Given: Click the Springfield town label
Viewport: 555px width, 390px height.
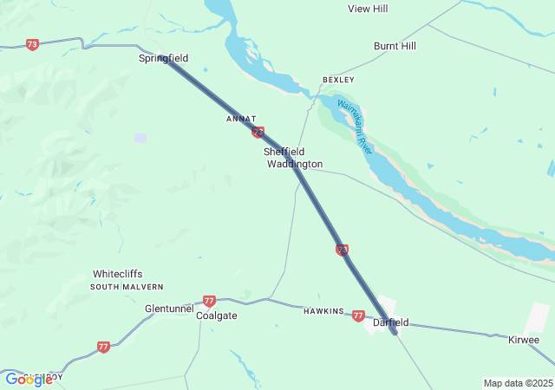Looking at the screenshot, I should coord(163,58).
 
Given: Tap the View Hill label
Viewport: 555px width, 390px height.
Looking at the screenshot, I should coord(368,9).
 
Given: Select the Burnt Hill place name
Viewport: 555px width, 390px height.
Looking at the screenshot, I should coord(395,46).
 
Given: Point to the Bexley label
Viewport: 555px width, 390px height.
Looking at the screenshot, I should coord(338,79).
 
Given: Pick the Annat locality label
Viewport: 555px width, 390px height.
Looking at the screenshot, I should coord(241,118).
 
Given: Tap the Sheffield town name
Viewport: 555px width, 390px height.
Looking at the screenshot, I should coord(284,152).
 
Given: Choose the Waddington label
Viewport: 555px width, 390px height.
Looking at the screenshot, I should coord(294,164).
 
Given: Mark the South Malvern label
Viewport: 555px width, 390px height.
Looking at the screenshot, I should coord(127,286).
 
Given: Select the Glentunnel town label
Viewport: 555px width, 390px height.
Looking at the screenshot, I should coord(169,308).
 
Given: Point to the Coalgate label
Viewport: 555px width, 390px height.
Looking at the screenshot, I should coord(216,315).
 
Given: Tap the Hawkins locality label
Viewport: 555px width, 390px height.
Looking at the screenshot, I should coord(323,311).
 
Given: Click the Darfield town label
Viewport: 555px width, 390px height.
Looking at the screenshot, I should coord(390,322).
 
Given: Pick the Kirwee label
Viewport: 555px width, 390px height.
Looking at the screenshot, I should coord(524,341).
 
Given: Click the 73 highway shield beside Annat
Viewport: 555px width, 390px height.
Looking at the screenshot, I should coord(258,132).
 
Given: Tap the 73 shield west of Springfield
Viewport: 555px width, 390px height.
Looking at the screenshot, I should coord(32,44).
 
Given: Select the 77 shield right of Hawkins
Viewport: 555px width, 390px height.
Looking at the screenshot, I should coord(358,316).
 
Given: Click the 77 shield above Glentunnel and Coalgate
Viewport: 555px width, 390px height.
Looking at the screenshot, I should coord(209,301).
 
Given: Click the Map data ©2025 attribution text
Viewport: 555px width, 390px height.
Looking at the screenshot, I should coord(518,383).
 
